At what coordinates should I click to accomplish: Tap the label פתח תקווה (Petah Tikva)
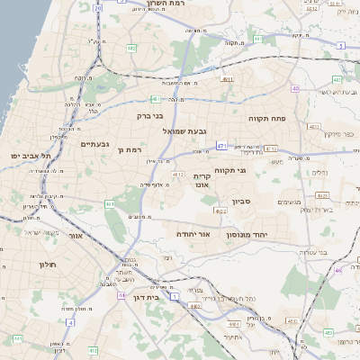(266, 118)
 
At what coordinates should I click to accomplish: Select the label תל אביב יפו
(30, 157)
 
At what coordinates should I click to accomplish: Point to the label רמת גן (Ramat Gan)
(130, 149)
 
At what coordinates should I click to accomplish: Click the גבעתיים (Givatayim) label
(94, 144)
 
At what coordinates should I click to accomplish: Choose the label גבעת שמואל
(184, 131)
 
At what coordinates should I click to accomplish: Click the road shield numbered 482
(131, 49)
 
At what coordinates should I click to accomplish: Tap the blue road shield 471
(221, 144)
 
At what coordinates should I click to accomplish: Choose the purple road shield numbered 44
(121, 295)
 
